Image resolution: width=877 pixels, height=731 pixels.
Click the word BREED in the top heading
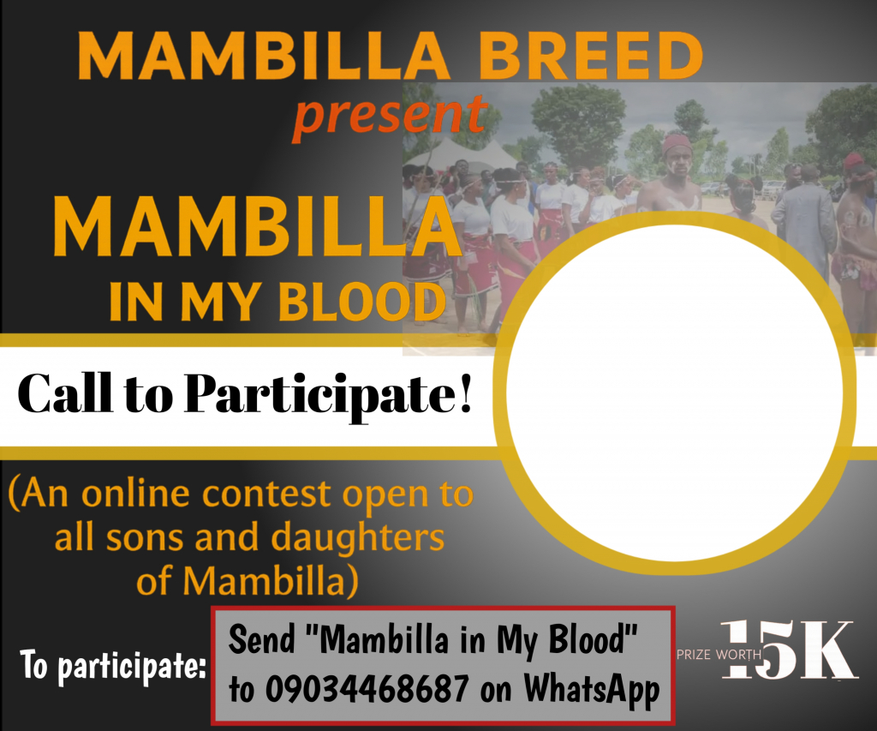point(591,56)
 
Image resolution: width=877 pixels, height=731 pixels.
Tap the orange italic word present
point(391,117)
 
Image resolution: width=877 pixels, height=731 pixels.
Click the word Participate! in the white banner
point(328,394)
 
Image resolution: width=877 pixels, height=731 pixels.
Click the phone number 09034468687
point(367,688)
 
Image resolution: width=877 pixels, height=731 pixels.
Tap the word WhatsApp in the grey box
point(591,690)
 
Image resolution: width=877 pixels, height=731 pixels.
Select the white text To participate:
point(113,666)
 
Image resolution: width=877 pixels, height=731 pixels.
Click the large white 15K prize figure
point(790,650)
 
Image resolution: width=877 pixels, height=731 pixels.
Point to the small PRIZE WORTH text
point(719,655)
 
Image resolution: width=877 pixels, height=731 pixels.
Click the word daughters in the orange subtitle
point(357,536)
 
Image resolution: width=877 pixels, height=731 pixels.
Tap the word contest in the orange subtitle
point(267,494)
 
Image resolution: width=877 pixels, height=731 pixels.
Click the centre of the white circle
point(675,392)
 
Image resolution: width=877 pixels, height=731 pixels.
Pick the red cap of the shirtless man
point(677,143)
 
